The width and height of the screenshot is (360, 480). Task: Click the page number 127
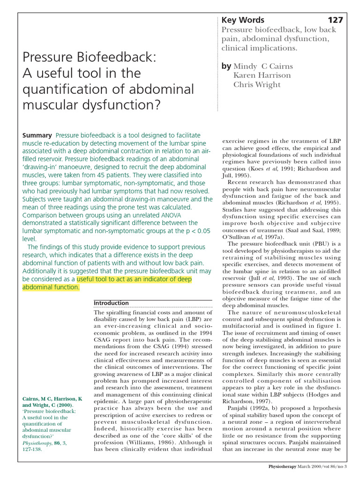pyautogui.click(x=335, y=20)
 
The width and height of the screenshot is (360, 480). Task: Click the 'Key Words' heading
pyautogui.click(x=243, y=20)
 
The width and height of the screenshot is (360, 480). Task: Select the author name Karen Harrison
pyautogui.click(x=262, y=75)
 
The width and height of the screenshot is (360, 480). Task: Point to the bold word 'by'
pyautogui.click(x=226, y=66)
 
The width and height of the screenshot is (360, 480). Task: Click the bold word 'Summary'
pyautogui.click(x=37, y=135)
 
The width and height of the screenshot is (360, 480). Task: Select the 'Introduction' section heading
pyautogui.click(x=111, y=303)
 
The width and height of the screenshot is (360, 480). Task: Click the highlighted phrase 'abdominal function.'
pyautogui.click(x=51, y=287)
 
